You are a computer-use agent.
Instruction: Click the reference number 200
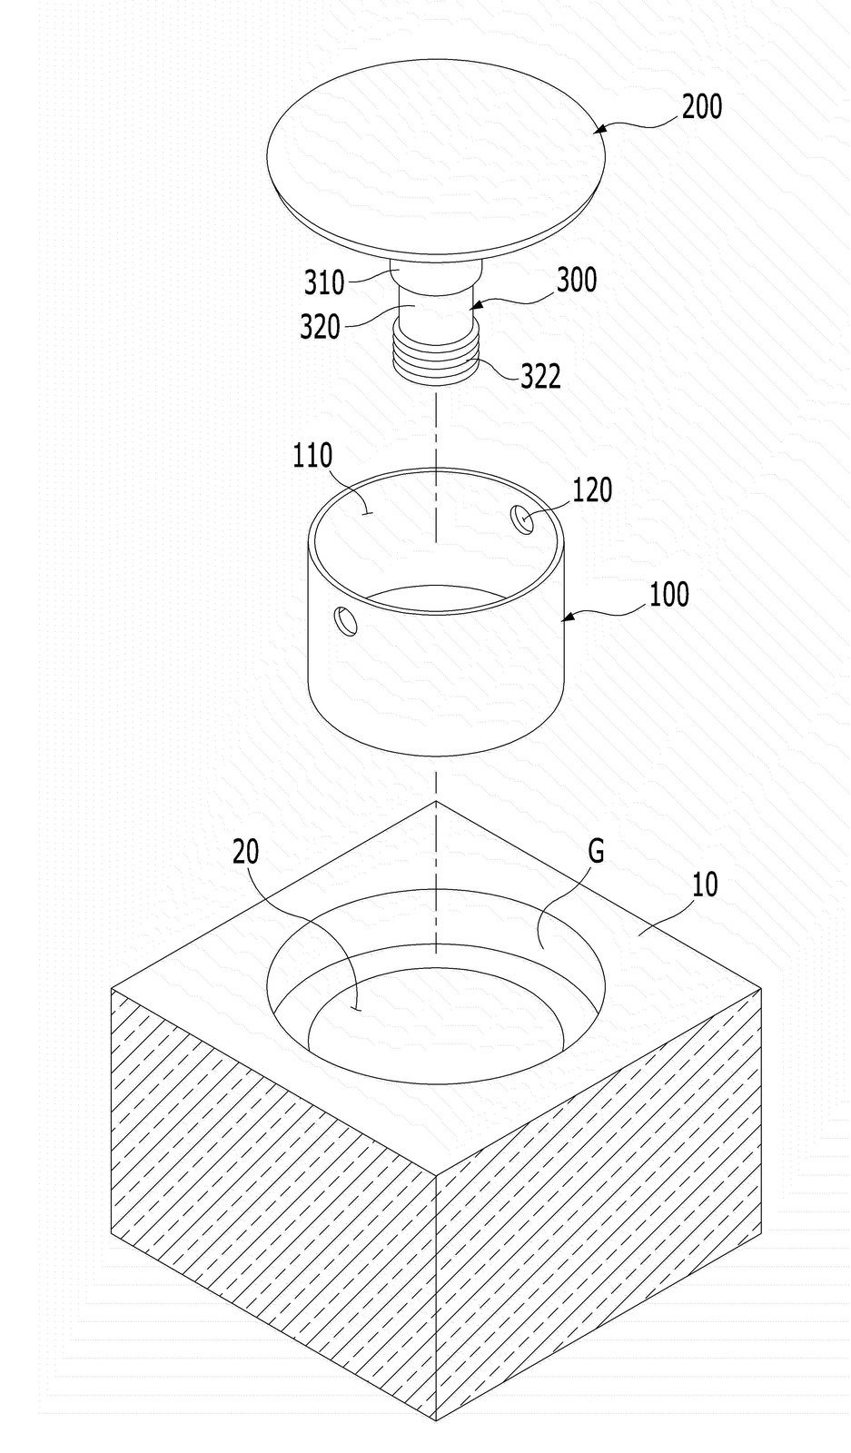tap(702, 107)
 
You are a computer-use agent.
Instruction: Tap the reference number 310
tap(324, 282)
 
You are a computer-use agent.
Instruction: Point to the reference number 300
tap(577, 281)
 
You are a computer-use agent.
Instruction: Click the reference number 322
tap(541, 376)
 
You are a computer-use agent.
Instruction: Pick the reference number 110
tap(312, 456)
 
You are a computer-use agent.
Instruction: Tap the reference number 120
tap(592, 490)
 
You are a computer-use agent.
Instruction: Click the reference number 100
tap(669, 594)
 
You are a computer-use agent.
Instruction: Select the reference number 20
tap(246, 852)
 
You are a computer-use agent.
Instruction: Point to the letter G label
tap(596, 851)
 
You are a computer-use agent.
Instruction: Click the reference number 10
tap(705, 885)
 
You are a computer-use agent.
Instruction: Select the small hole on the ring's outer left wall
tap(344, 621)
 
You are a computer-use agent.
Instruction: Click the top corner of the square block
tap(436, 802)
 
